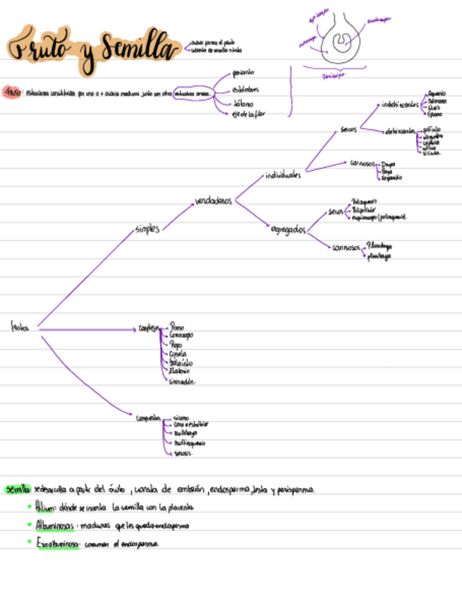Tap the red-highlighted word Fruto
point(11,92)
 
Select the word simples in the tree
point(147,228)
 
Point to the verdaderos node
point(213,202)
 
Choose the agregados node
point(288,230)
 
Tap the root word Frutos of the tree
point(20,327)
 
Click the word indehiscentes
point(399,105)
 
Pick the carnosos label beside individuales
point(363,163)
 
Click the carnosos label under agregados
point(345,248)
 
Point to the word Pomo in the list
point(177,327)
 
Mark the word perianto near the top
point(244,73)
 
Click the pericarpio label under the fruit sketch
point(335,74)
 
